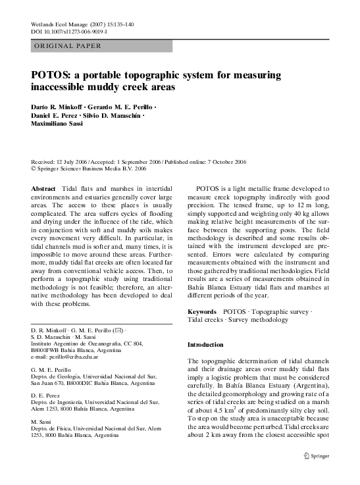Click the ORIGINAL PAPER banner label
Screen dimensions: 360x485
[x=67, y=46]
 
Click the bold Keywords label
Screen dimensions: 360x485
[x=202, y=311]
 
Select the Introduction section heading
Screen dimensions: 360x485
[x=205, y=344]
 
